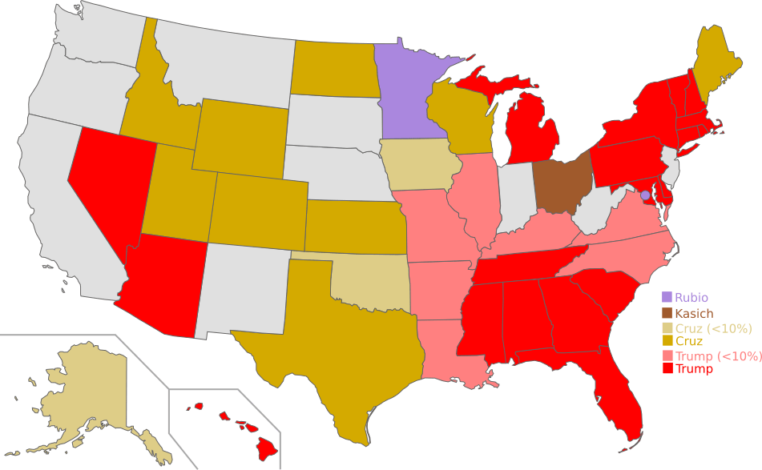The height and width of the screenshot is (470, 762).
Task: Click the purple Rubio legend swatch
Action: point(667,298)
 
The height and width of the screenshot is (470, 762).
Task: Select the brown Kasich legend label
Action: point(694,314)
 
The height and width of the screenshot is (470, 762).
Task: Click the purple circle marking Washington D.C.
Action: point(645,194)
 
